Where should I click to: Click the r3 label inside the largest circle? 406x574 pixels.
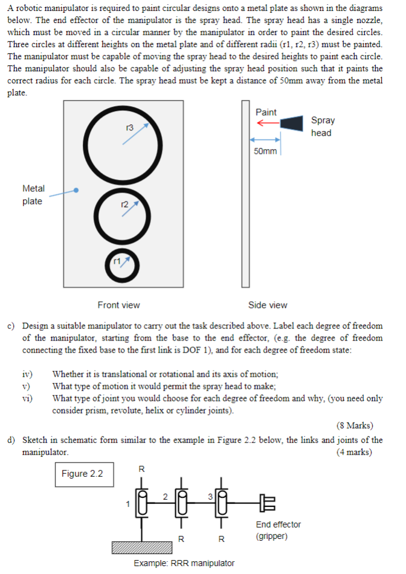[129, 128]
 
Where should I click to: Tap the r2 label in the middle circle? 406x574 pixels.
[125, 206]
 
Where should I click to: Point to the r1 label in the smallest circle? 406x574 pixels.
[118, 261]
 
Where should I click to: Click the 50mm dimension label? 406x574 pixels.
[265, 151]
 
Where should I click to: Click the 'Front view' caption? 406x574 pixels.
[118, 305]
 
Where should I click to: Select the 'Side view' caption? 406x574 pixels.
[268, 305]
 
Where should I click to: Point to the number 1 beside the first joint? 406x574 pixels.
[127, 503]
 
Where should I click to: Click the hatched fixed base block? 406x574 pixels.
[141, 547]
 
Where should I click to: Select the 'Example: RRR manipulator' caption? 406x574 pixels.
[184, 563]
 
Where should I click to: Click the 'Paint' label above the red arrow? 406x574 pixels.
[266, 112]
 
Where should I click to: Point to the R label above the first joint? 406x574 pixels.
[141, 468]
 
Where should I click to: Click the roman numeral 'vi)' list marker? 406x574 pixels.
[28, 398]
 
